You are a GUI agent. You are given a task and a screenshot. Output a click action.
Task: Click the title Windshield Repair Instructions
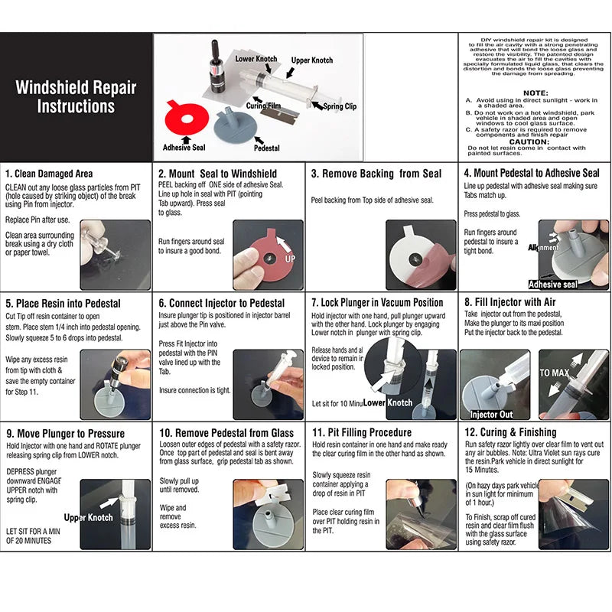tap(76, 96)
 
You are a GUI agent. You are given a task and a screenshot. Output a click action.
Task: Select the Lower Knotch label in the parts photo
tap(256, 59)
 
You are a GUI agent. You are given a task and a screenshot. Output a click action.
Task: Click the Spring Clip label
tap(339, 106)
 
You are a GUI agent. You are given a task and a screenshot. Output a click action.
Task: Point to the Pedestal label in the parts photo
tap(266, 148)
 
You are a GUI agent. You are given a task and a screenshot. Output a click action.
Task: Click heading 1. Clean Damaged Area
tap(49, 174)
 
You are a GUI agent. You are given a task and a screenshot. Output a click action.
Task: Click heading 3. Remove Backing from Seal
tap(376, 174)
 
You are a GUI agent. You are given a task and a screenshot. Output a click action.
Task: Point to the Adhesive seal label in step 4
tap(553, 285)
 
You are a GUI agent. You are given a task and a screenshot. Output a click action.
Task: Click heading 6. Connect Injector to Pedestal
tap(221, 303)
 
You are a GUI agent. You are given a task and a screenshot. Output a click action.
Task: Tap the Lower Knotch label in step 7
tap(388, 402)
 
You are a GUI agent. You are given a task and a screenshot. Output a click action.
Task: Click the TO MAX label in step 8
tap(555, 373)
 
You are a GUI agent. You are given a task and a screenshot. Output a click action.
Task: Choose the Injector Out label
tap(491, 415)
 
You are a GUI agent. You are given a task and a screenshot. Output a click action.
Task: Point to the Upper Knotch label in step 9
tap(89, 518)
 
